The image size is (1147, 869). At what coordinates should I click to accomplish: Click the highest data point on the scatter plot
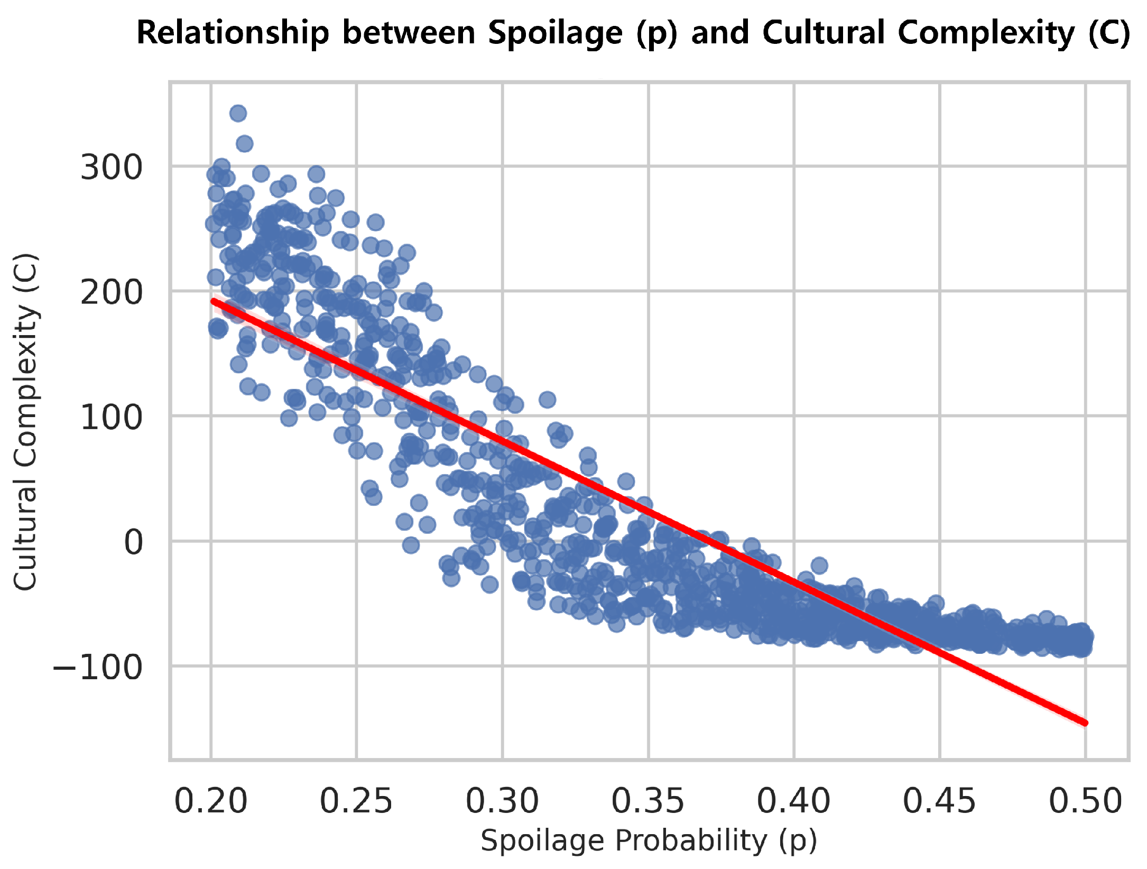[238, 113]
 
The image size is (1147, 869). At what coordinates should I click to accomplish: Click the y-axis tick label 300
[112, 168]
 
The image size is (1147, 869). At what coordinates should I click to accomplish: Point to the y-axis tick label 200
[112, 292]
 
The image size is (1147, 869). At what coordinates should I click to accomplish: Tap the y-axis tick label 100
[112, 418]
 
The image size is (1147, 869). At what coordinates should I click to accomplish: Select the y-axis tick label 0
[133, 542]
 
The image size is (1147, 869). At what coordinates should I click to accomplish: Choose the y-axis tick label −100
[98, 668]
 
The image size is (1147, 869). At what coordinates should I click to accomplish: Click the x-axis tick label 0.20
[211, 801]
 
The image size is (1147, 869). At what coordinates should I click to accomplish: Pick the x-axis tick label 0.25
[356, 801]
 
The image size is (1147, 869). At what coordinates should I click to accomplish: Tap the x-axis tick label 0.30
[502, 801]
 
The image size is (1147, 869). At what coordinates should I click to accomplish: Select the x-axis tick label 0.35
[648, 801]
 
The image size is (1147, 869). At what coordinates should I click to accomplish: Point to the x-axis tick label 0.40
[794, 801]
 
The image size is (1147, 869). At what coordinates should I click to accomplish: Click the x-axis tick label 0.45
[939, 801]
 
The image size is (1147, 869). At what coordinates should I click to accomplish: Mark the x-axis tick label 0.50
[1085, 801]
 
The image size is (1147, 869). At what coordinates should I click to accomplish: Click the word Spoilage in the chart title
[556, 33]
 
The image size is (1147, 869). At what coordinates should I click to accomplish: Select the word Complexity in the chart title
[986, 33]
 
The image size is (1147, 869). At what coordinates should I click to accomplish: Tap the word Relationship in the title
[233, 33]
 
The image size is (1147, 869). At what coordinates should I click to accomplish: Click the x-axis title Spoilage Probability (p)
[649, 841]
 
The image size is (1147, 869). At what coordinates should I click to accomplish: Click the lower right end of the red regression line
[1085, 723]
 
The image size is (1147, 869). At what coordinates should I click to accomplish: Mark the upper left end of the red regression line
[213, 301]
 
